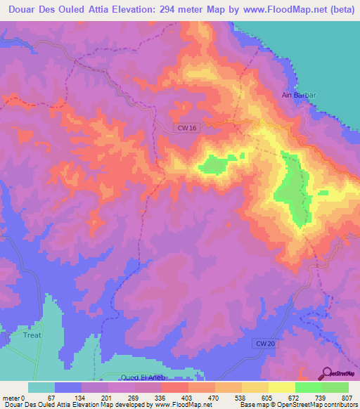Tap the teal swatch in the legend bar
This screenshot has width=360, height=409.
41,387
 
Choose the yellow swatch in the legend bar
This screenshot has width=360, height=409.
282,387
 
